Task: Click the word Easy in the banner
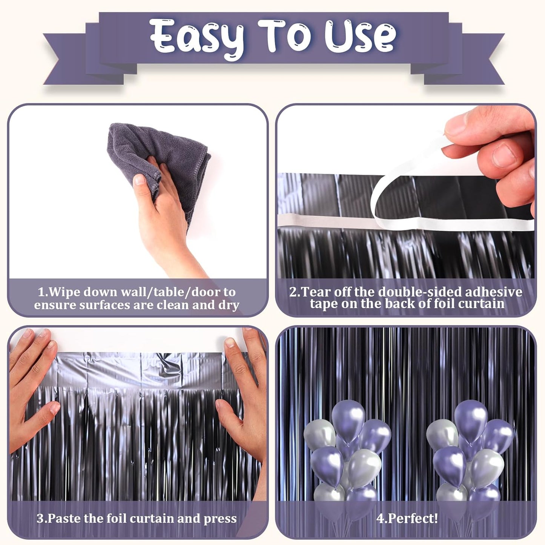(196, 37)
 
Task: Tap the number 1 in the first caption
(41, 292)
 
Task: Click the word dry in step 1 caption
(229, 305)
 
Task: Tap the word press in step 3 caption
(220, 519)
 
